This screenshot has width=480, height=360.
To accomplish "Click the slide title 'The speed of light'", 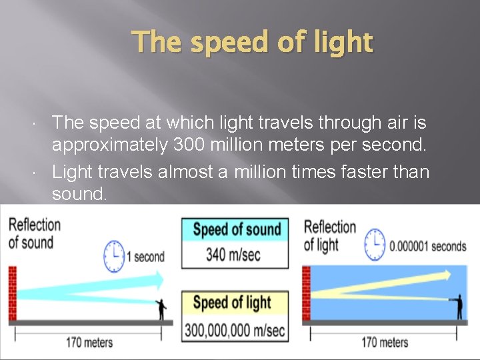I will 253,42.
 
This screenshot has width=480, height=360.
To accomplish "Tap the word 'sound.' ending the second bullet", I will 79,195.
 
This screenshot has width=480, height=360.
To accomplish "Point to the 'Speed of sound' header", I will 235,230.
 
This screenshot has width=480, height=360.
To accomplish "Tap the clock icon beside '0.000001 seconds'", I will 375,245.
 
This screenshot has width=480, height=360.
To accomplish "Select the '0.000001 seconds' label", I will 427,246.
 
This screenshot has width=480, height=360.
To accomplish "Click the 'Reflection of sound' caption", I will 34,233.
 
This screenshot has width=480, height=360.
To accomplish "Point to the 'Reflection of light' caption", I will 329,236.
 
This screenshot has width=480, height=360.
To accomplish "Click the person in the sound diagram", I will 160,309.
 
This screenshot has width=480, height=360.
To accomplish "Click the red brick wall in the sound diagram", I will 11,293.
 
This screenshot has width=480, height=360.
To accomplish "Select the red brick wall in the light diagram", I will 306,293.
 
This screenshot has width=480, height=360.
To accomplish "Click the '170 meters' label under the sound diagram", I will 89,343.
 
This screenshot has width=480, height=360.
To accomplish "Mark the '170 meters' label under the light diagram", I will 384,343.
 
